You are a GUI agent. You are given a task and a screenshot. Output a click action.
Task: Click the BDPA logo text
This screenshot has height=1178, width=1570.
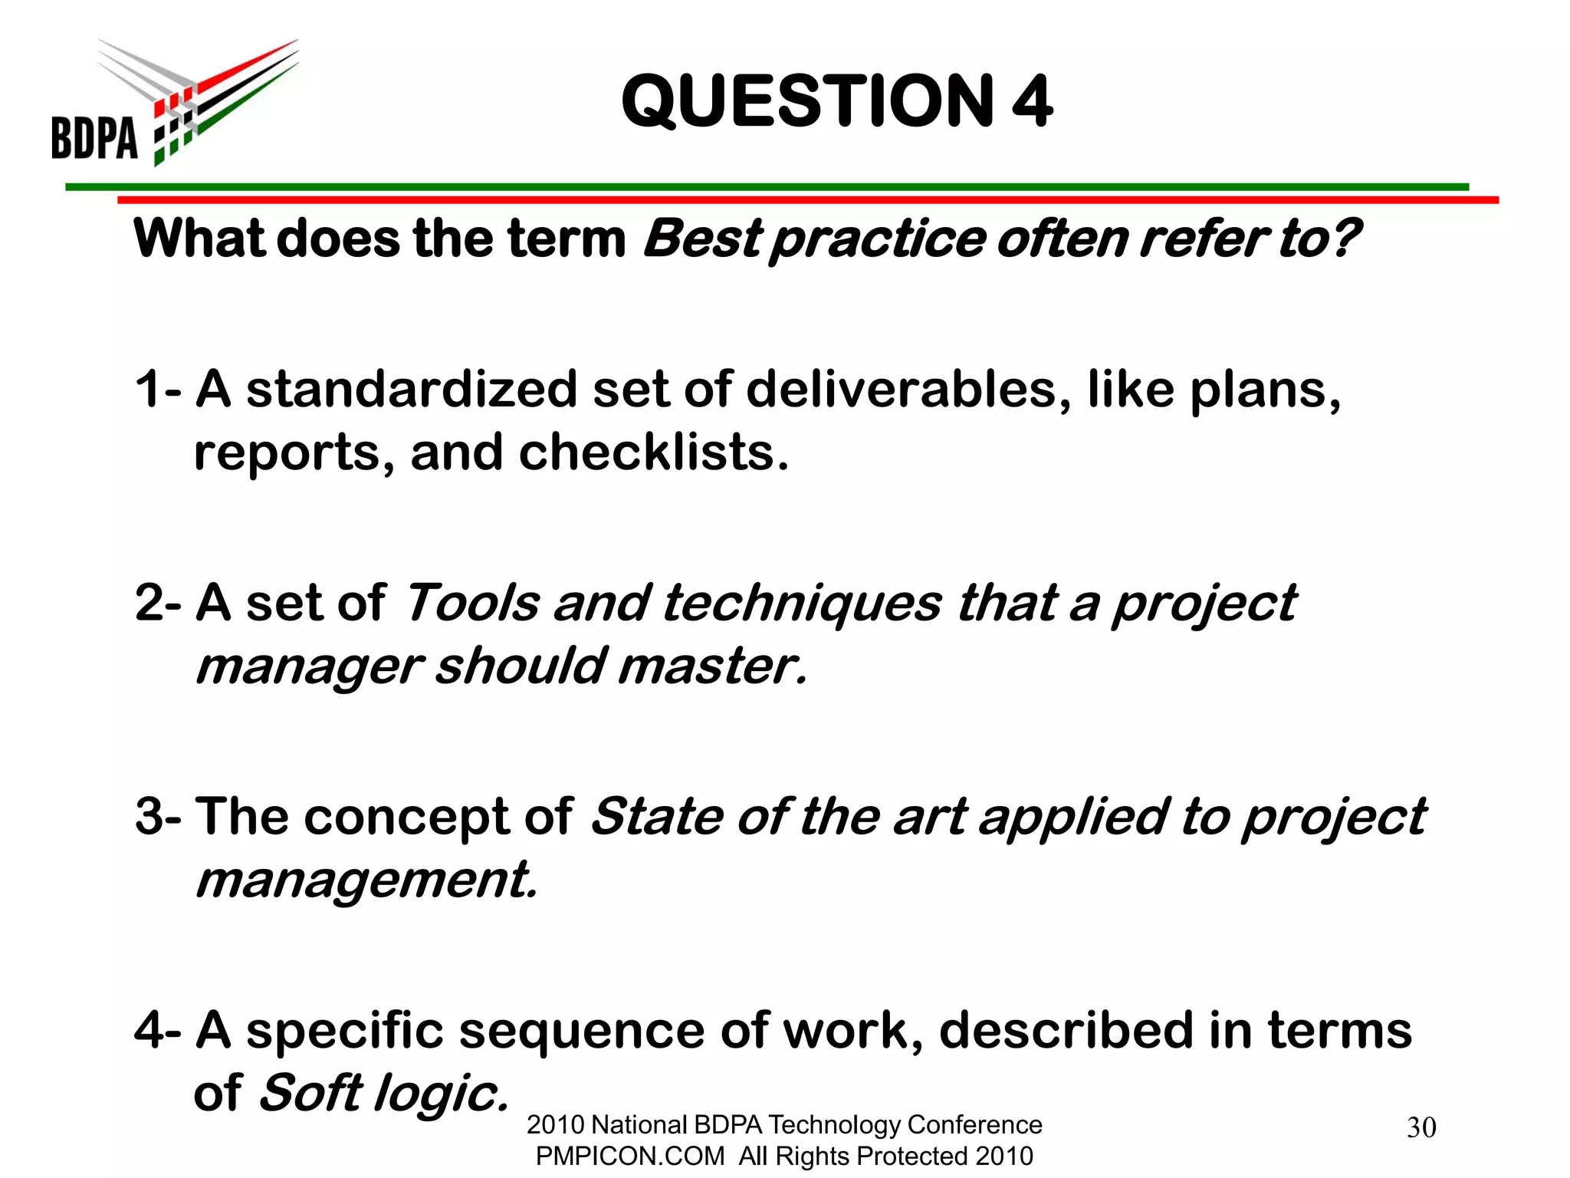94,138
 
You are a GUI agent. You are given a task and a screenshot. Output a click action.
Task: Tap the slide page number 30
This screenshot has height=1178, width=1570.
1421,1127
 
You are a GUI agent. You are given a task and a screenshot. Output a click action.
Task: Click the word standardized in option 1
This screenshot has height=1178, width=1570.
411,389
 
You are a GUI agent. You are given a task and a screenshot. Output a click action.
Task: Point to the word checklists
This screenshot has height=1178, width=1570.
653,452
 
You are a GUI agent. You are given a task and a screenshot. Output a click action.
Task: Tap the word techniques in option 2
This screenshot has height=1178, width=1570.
801,603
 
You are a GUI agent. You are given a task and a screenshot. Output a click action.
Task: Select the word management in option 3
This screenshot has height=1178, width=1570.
366,880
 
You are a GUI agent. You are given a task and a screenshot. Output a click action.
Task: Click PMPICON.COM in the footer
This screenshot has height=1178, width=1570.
629,1156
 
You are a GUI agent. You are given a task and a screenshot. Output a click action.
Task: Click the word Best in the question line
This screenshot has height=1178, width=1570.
701,239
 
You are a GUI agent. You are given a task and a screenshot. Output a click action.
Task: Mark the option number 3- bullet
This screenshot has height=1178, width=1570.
158,816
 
